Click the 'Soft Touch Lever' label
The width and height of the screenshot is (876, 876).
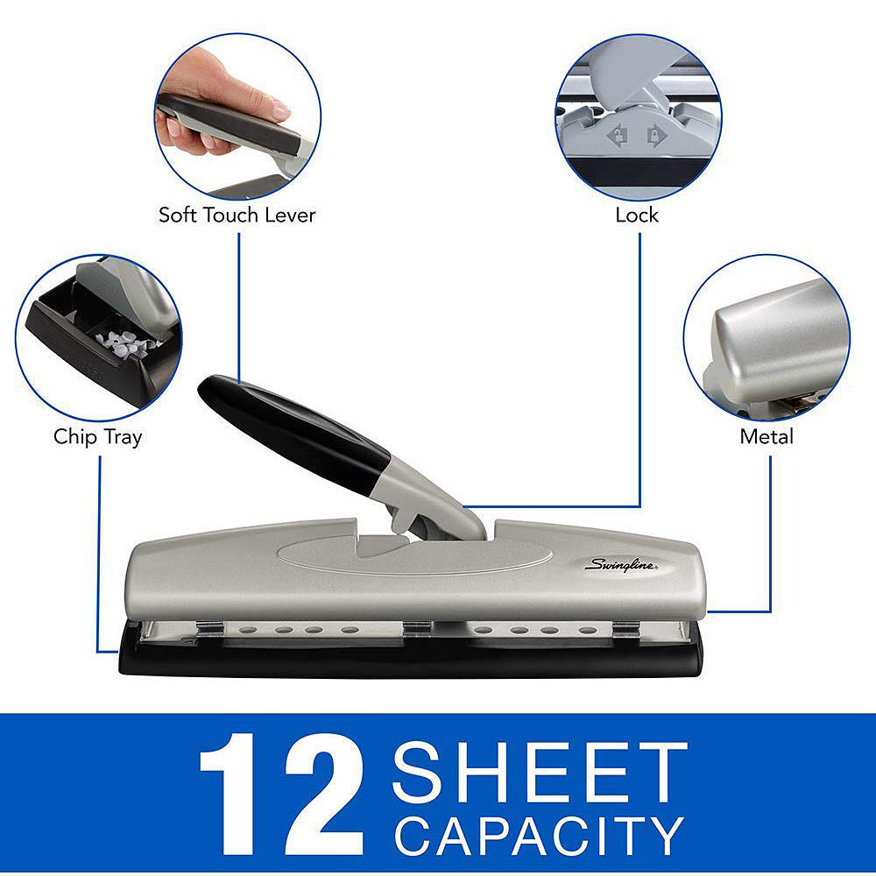coord(237,215)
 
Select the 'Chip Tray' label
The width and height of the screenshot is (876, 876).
coord(97,436)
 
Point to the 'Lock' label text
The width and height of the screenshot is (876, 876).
coord(637,215)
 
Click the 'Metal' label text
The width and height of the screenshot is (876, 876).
coord(766,436)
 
